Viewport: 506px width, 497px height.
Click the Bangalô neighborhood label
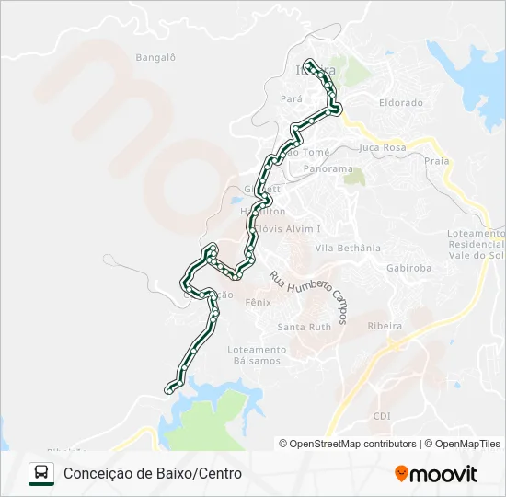155,57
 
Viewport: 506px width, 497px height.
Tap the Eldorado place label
401,103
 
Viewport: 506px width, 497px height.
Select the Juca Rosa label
383,147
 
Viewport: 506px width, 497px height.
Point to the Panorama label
328,169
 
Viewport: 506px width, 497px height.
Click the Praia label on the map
438,160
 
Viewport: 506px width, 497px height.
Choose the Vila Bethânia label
348,248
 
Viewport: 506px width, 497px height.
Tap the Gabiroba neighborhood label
409,268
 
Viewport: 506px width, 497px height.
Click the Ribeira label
385,326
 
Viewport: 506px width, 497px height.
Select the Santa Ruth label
305,327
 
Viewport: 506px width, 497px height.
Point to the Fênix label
259,301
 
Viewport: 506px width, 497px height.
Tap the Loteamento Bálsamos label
256,355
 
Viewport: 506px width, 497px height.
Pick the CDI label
382,416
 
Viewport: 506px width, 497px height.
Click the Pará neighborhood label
292,97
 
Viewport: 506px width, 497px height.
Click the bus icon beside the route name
41,473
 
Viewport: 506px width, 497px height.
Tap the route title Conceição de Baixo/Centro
153,473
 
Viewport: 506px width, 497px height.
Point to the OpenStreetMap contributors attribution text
348,444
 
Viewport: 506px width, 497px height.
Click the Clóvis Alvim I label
293,228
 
